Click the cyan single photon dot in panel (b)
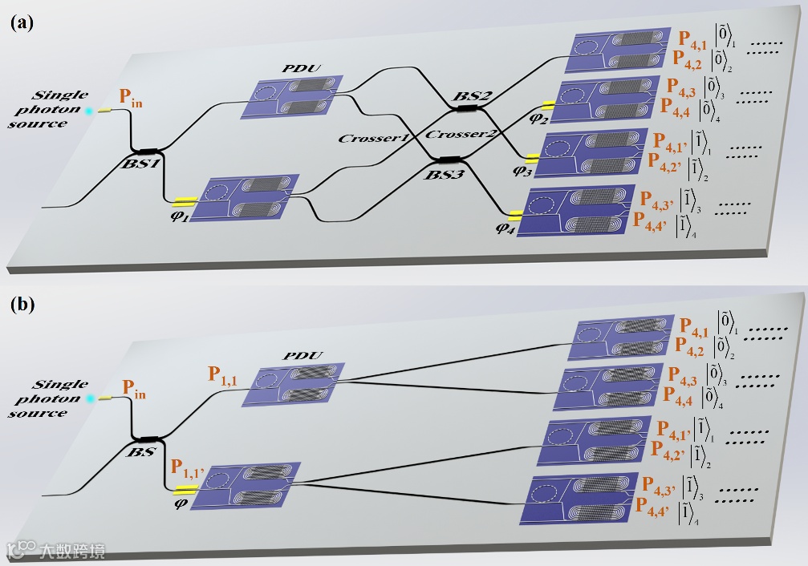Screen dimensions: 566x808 (92, 398)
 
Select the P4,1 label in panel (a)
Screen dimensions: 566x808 (696, 38)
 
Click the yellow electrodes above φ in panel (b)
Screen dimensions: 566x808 (186, 489)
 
